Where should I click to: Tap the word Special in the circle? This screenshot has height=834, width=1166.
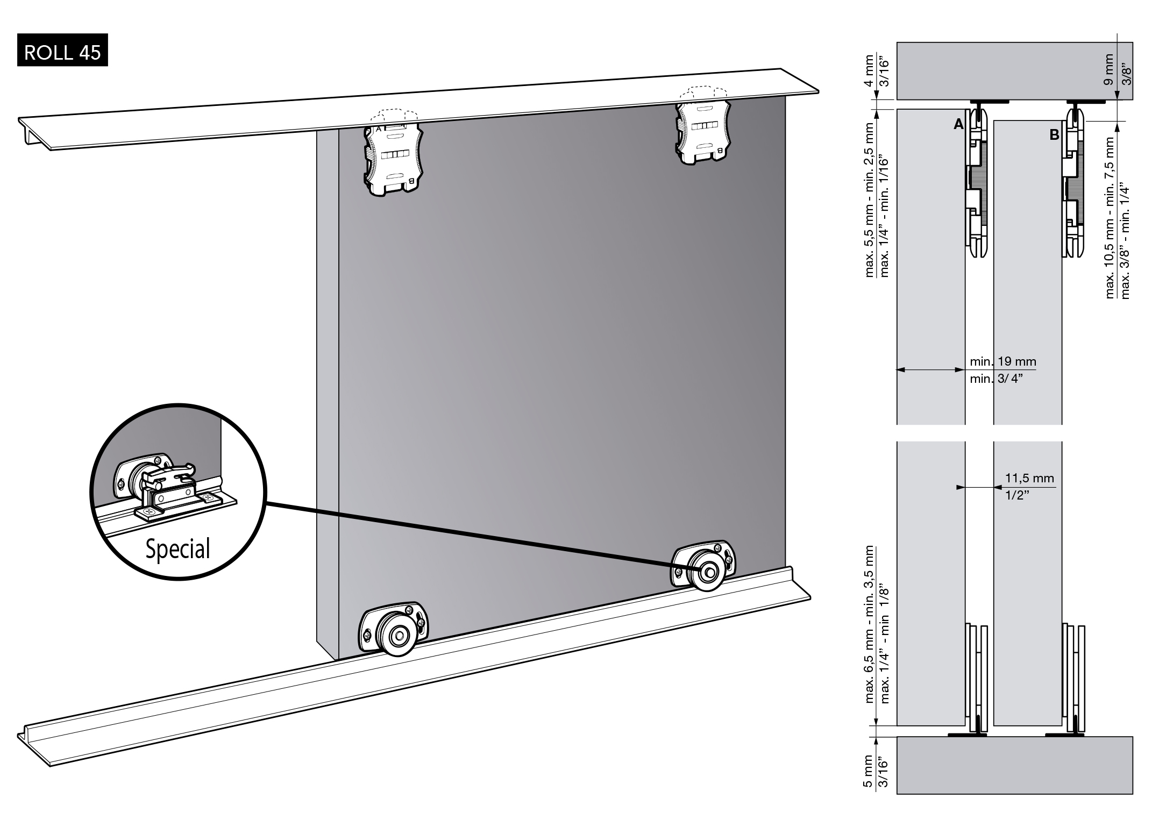click(x=177, y=548)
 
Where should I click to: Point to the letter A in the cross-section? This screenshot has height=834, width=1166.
click(x=958, y=124)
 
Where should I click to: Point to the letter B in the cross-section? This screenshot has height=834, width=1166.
click(x=1054, y=135)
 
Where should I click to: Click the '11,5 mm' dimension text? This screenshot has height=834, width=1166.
click(x=1029, y=478)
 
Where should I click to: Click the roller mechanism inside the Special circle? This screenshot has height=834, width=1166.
click(x=161, y=484)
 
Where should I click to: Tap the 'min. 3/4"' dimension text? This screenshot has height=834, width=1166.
click(x=996, y=379)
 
